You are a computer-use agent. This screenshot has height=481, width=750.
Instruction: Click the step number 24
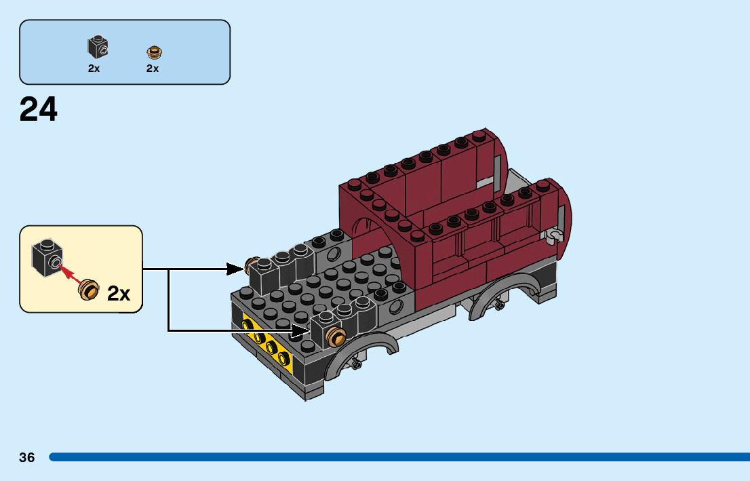click(39, 109)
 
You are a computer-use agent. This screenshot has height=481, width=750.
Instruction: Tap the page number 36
click(27, 457)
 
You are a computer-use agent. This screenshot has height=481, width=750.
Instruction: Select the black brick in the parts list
click(98, 47)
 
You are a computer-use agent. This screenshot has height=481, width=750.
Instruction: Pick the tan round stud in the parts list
click(154, 52)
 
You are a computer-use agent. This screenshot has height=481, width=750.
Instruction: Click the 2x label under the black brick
click(94, 69)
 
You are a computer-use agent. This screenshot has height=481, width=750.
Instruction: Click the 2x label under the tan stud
click(153, 69)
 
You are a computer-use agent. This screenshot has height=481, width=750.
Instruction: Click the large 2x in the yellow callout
click(118, 294)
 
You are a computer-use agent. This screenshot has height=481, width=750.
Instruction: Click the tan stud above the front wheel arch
click(336, 336)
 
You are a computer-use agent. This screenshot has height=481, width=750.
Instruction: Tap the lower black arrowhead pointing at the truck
click(302, 331)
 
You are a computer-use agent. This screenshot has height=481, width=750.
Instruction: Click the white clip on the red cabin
click(555, 235)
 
